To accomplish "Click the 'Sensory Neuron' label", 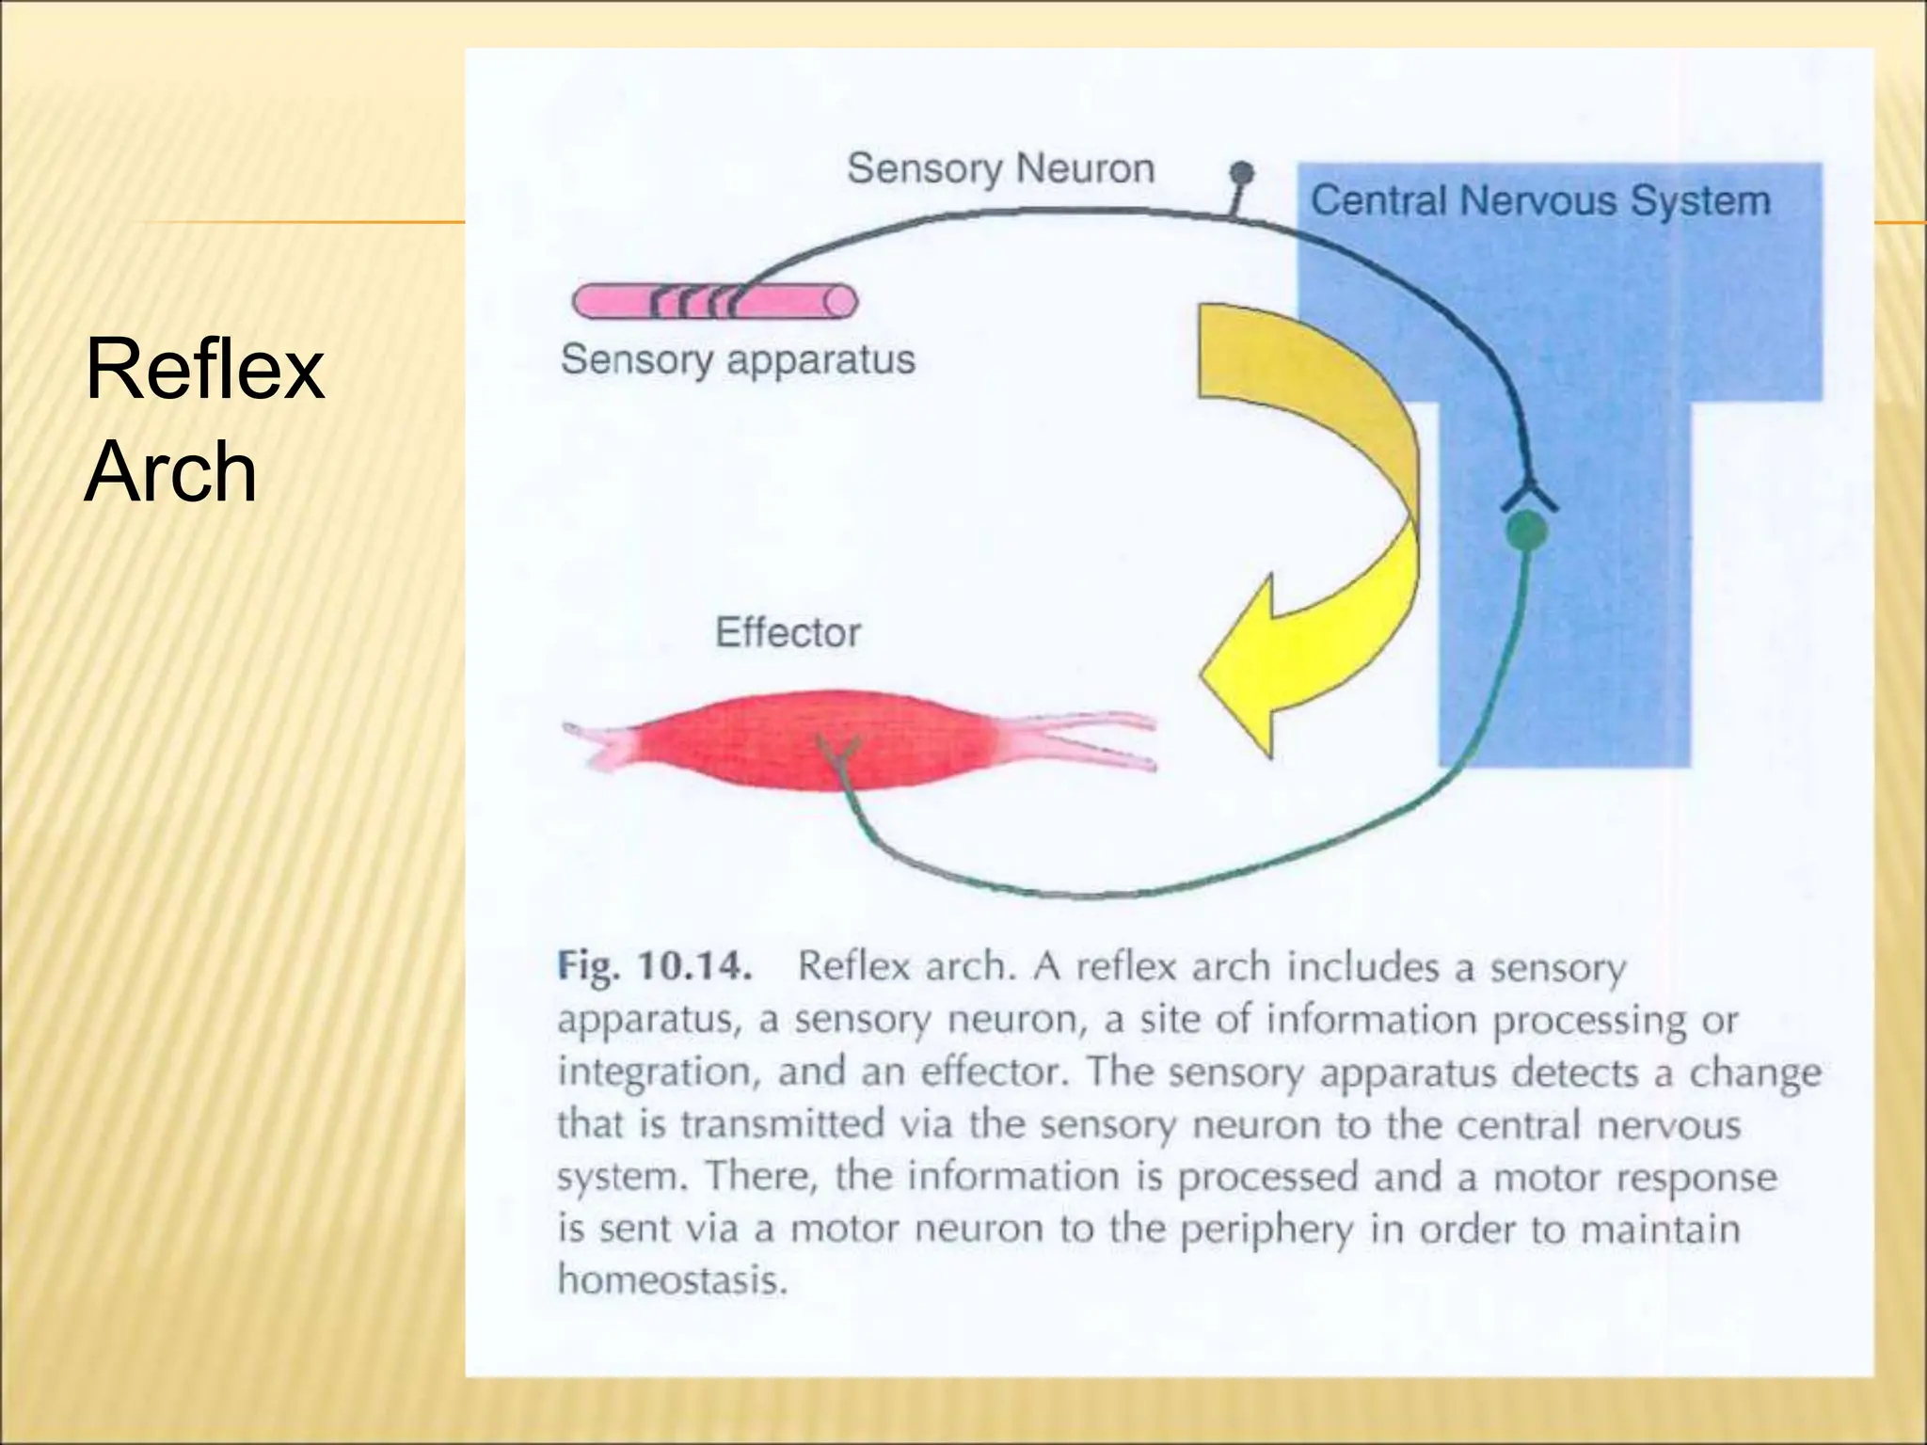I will point(1000,169).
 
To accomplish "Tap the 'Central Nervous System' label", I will point(1539,200).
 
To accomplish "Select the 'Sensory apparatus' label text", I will point(738,359).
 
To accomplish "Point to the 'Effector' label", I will point(788,632).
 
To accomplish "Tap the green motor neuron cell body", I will point(1525,532).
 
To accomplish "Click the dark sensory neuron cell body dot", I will point(1243,173).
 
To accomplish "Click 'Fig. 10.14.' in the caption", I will point(655,966).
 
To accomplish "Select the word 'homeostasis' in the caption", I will point(671,1280).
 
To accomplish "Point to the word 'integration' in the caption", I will point(659,1073).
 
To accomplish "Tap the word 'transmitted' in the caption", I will point(783,1124).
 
